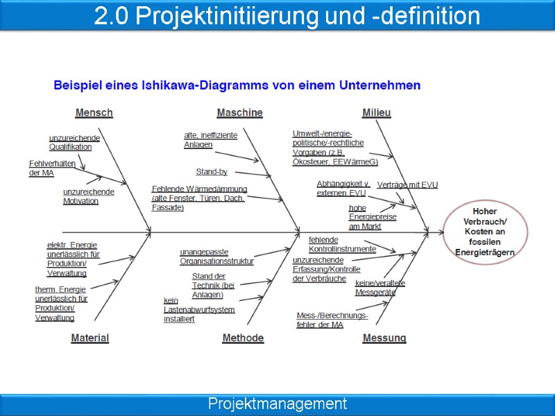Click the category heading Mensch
(94, 112)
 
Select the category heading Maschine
(239, 112)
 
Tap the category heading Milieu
(377, 112)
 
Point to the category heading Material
(90, 338)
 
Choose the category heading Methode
(243, 338)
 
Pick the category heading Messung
(384, 338)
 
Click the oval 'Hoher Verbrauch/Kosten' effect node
(485, 232)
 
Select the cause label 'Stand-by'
(212, 172)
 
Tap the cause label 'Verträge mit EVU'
(407, 185)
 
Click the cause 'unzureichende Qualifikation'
(74, 142)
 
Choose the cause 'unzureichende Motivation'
(89, 196)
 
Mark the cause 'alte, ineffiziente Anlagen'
(210, 139)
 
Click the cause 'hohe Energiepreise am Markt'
(373, 216)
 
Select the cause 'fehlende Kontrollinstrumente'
(342, 244)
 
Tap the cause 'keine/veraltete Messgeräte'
(379, 288)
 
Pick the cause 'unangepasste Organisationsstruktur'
(216, 257)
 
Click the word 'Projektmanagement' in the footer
(277, 404)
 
